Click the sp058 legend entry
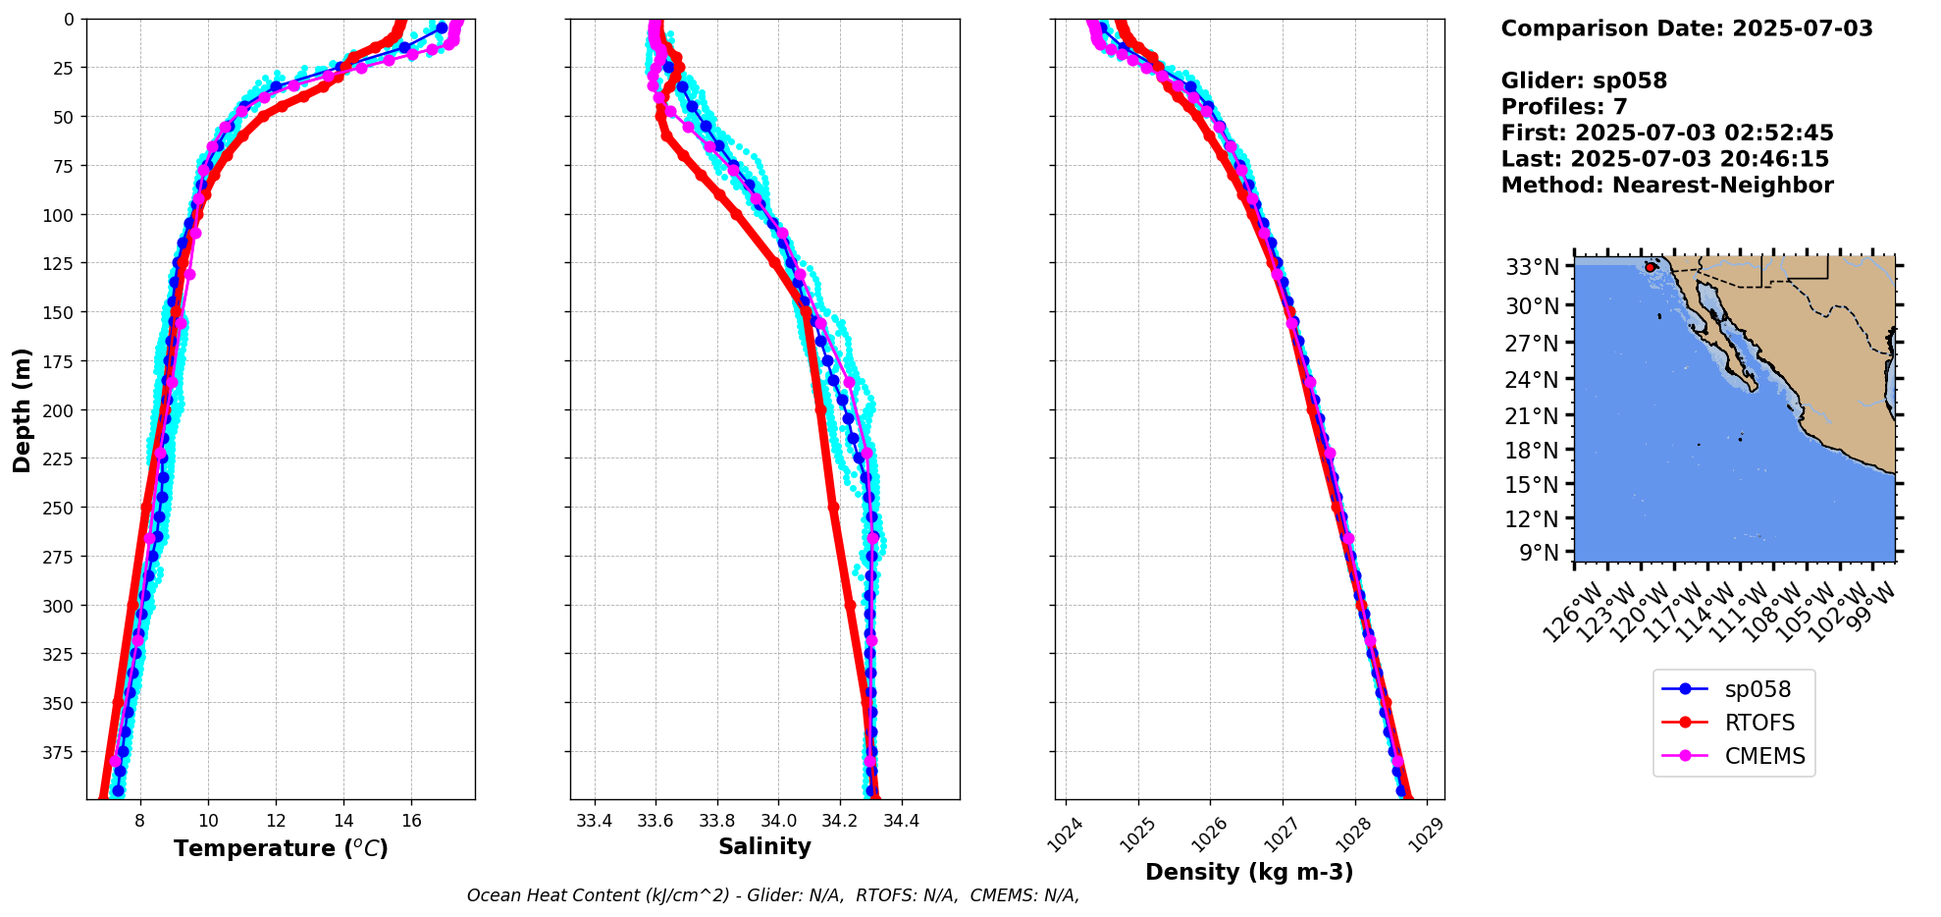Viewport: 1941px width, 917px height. click(x=1756, y=689)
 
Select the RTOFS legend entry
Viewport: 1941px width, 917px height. click(x=1759, y=723)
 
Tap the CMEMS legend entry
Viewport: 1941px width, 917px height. click(x=1764, y=756)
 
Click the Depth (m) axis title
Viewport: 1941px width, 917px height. click(x=22, y=409)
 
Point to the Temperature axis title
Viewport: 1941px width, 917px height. click(x=281, y=848)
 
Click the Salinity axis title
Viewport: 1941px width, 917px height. click(x=764, y=846)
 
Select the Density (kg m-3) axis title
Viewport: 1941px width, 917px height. click(x=1249, y=872)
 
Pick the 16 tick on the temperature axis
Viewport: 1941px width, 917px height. click(x=411, y=821)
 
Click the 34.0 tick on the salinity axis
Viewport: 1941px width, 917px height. click(x=777, y=821)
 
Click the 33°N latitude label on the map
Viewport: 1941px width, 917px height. click(x=1532, y=267)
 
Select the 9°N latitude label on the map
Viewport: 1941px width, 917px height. click(x=1539, y=553)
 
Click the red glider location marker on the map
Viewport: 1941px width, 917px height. click(x=1651, y=267)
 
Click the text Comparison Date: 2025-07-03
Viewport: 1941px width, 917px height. click(x=1686, y=28)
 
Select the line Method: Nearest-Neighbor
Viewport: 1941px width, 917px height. click(x=1666, y=186)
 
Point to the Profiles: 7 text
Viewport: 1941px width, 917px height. click(x=1564, y=107)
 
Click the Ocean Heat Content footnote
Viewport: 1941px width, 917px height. click(x=772, y=895)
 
